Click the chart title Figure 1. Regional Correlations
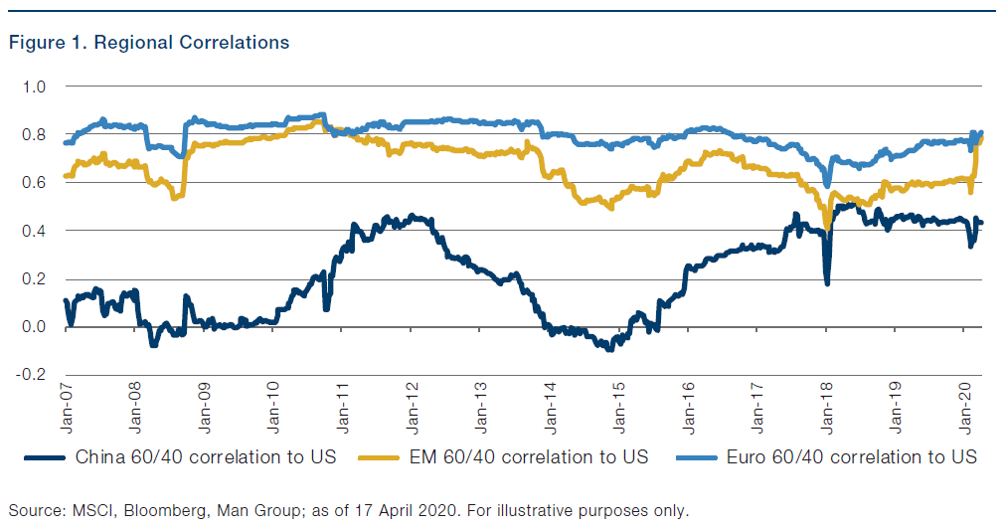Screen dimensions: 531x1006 point(149,43)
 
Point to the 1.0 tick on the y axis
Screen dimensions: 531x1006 point(35,87)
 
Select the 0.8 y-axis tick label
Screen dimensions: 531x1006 point(35,134)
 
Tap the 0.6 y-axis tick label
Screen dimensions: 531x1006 point(35,183)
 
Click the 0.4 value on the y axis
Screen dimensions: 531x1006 point(35,231)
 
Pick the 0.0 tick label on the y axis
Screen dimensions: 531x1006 point(35,327)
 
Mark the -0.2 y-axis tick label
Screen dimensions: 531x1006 point(33,375)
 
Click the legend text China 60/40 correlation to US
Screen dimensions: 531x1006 point(206,456)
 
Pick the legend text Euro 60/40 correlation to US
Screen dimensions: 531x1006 point(851,456)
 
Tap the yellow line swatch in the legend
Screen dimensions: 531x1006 point(384,456)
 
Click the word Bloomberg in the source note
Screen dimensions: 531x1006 point(159,511)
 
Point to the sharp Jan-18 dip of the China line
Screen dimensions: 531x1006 point(827,282)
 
